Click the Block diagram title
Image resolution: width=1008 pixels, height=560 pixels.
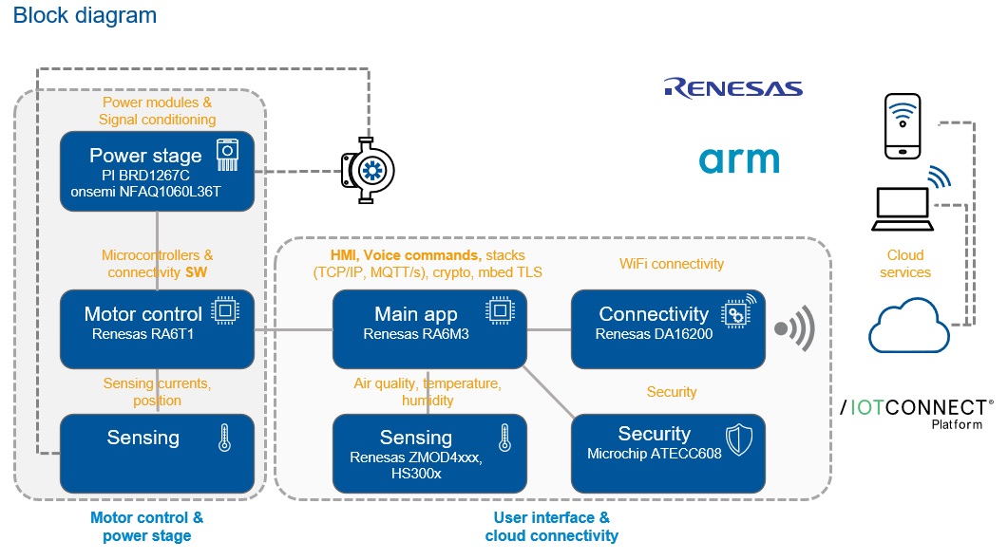[85, 16]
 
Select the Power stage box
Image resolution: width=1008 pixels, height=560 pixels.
[157, 171]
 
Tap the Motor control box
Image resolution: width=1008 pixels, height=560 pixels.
[157, 328]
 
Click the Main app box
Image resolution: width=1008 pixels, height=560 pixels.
[428, 328]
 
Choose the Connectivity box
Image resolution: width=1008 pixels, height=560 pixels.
[667, 328]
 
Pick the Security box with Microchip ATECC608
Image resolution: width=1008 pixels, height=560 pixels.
[667, 452]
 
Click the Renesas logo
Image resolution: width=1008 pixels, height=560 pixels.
[733, 89]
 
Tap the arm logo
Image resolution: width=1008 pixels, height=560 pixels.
[739, 159]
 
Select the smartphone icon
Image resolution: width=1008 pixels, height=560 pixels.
[902, 125]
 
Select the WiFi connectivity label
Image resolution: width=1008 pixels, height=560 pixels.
[671, 264]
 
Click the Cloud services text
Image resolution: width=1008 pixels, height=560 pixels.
[904, 264]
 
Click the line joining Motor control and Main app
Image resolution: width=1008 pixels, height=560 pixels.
[293, 329]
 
